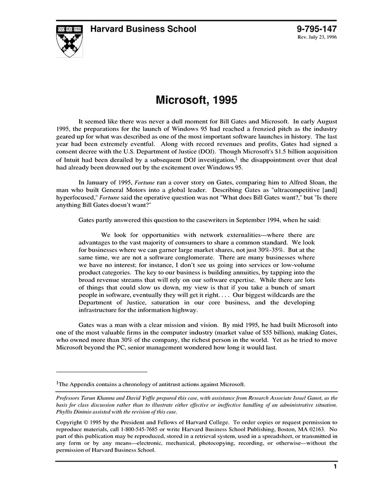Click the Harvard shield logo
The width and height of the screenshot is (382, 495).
(x=70, y=40)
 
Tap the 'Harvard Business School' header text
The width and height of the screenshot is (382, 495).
(x=143, y=29)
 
